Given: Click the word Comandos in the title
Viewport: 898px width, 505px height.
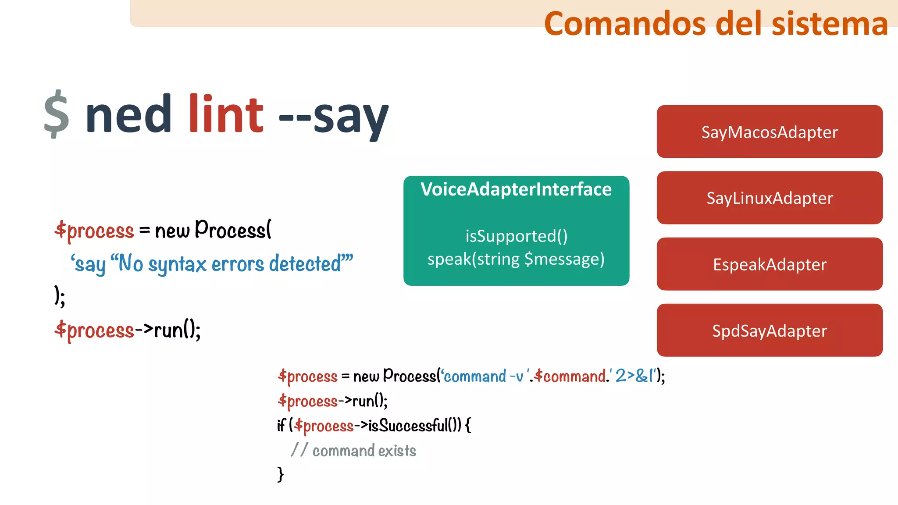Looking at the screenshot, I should click(625, 24).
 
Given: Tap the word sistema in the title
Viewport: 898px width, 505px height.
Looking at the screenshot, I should click(830, 24).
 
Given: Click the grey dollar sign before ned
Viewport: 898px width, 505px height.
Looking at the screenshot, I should click(57, 114).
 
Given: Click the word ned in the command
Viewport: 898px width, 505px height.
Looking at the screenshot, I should click(128, 114).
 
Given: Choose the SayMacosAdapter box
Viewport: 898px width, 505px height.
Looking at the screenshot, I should click(770, 132).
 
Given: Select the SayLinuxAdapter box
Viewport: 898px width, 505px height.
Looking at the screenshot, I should click(770, 198).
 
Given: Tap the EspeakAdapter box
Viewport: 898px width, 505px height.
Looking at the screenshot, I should click(770, 264).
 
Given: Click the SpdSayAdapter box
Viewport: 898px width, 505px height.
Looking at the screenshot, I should click(770, 331).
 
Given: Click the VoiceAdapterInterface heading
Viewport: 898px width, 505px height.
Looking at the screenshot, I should click(516, 189).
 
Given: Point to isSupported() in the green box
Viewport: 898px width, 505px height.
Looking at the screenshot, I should click(516, 236).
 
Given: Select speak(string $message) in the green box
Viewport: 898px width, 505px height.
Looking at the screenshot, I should click(516, 259).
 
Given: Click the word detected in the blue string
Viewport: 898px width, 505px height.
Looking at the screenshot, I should click(305, 263).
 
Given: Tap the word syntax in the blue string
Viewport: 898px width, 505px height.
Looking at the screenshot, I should click(177, 264).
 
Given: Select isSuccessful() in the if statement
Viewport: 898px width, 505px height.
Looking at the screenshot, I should click(414, 425).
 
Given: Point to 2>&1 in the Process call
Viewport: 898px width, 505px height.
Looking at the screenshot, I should click(634, 376).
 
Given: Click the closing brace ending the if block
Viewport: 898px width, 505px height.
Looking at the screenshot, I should click(281, 474).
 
